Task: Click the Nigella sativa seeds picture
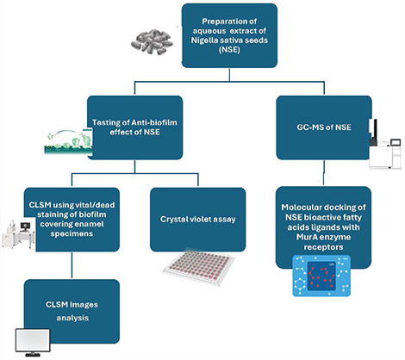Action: click(152, 41)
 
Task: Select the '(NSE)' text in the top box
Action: click(229, 49)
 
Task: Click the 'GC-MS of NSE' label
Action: click(324, 127)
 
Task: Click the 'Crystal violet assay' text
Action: click(198, 220)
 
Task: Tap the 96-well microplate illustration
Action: click(199, 267)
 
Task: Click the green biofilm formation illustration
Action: click(68, 141)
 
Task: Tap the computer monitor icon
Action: click(33, 343)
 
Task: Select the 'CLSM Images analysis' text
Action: click(72, 311)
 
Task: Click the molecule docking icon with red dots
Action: click(321, 276)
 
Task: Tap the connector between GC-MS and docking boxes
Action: click(324, 172)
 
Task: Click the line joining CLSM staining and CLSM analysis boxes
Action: click(72, 265)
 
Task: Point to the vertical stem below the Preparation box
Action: click(229, 75)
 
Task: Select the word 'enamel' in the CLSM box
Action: click(90, 224)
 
